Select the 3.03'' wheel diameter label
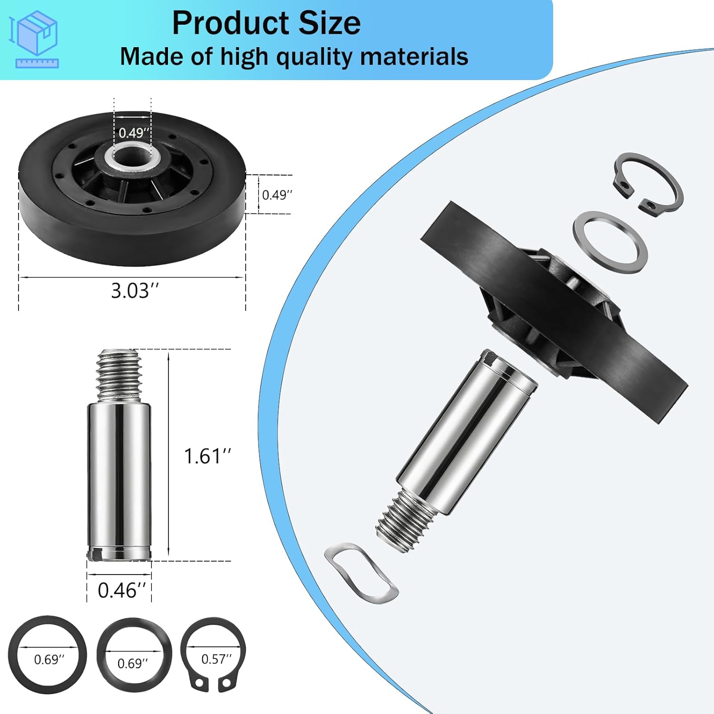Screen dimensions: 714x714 [x=134, y=290]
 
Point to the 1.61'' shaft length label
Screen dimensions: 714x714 [x=207, y=456]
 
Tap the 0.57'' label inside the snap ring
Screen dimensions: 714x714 [x=216, y=659]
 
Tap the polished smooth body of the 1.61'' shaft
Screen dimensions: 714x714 [x=119, y=476]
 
